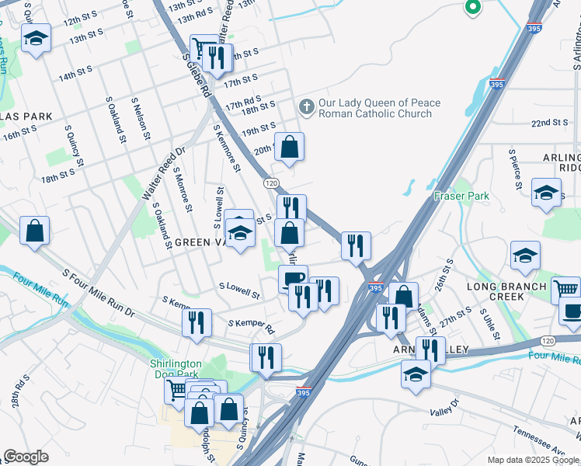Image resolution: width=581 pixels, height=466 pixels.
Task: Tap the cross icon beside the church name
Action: pyautogui.click(x=307, y=108)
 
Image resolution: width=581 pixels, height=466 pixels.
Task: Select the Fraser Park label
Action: pyautogui.click(x=461, y=196)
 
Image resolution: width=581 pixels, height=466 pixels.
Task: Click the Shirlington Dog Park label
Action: pyautogui.click(x=176, y=369)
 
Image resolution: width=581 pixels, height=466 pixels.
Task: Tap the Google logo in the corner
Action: pyautogui.click(x=26, y=457)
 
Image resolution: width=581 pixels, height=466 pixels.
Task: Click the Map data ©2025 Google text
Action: pyautogui.click(x=532, y=460)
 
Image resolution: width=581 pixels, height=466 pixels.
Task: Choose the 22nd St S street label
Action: pyautogui.click(x=550, y=123)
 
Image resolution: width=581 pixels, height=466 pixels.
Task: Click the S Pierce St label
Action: pyautogui.click(x=515, y=169)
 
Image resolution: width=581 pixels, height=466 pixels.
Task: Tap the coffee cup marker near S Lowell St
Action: pyautogui.click(x=293, y=277)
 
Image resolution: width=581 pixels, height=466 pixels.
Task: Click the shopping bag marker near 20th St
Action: pyautogui.click(x=289, y=147)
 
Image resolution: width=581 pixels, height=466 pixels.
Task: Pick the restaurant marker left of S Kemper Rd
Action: pyautogui.click(x=197, y=321)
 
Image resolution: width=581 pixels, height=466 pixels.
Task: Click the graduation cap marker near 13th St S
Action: pyautogui.click(x=36, y=39)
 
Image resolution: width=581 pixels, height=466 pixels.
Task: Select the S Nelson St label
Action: pyautogui.click(x=140, y=119)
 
